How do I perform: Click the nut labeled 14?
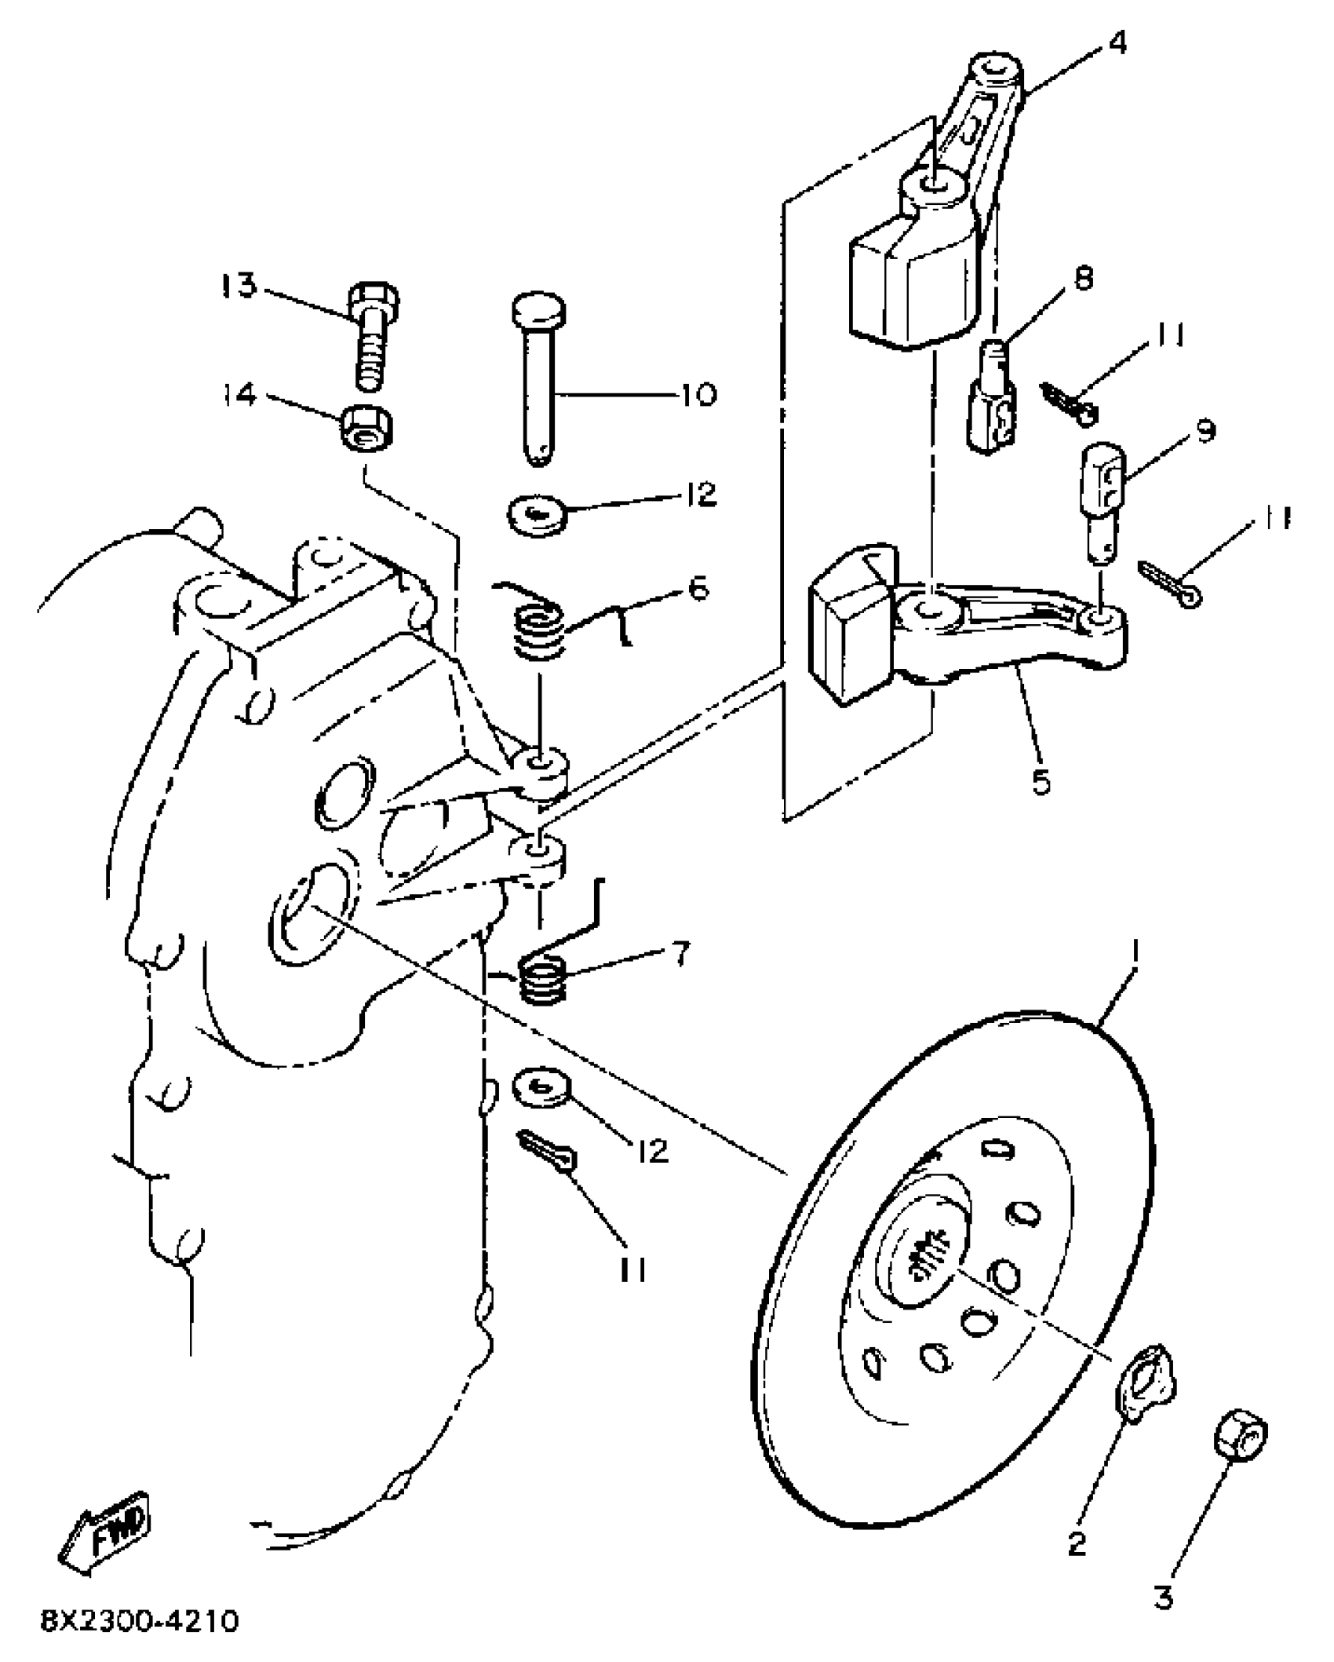[366, 430]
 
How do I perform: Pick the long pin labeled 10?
[538, 377]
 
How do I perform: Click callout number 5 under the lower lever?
[1041, 783]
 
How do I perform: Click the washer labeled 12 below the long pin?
[538, 515]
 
